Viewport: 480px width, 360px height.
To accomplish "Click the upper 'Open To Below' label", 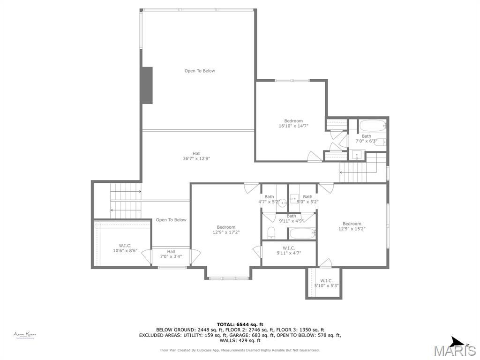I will (x=199, y=71).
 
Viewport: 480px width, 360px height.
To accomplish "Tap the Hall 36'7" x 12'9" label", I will (x=196, y=156).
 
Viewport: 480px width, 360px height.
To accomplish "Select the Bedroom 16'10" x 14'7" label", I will (x=293, y=123).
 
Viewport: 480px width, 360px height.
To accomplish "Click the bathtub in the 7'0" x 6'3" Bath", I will (x=372, y=125).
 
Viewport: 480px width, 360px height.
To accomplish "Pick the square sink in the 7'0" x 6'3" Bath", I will (x=357, y=155).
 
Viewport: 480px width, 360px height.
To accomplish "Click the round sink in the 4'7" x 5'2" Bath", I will (x=282, y=203).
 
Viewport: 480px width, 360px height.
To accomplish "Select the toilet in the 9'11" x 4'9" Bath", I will (x=271, y=232).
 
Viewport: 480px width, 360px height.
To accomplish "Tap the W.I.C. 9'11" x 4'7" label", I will (x=289, y=250).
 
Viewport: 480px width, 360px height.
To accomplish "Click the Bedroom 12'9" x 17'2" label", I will (x=226, y=230).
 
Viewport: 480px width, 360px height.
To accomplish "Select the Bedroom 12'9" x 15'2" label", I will (x=352, y=226).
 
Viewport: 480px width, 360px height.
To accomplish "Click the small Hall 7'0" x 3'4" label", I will (x=171, y=254).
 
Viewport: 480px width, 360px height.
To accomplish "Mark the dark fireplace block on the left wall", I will (x=147, y=85).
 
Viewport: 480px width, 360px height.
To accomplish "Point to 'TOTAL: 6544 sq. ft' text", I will (x=240, y=324).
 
